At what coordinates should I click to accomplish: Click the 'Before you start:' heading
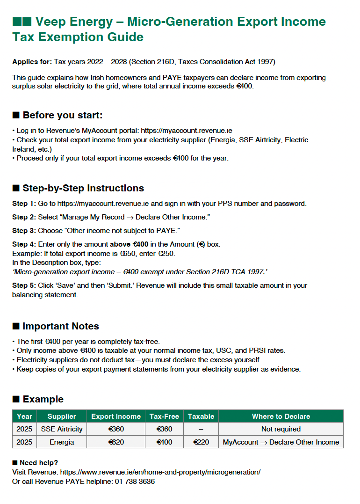(x=62, y=115)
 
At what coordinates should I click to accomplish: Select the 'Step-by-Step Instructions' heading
(x=83, y=188)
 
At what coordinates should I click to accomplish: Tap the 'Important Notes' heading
(x=61, y=326)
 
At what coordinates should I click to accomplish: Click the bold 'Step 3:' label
(x=24, y=231)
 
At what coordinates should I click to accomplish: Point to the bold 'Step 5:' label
(x=24, y=285)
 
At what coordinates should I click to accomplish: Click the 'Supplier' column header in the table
(x=61, y=416)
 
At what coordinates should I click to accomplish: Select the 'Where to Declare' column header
(x=281, y=416)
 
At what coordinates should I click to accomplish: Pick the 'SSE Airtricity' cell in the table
(x=61, y=429)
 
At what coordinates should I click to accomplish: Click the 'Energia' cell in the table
(x=61, y=442)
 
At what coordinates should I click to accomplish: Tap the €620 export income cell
(x=115, y=442)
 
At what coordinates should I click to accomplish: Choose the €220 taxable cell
(x=201, y=442)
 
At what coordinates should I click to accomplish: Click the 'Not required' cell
(x=281, y=429)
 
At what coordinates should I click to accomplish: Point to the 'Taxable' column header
(x=201, y=416)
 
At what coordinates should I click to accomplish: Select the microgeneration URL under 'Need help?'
(x=160, y=472)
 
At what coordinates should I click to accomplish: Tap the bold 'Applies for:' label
(x=32, y=62)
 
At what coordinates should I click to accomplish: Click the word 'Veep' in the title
(x=50, y=22)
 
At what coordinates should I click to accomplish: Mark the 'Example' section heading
(x=43, y=399)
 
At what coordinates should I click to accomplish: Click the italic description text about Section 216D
(x=139, y=271)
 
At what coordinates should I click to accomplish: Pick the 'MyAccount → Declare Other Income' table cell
(x=281, y=442)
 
